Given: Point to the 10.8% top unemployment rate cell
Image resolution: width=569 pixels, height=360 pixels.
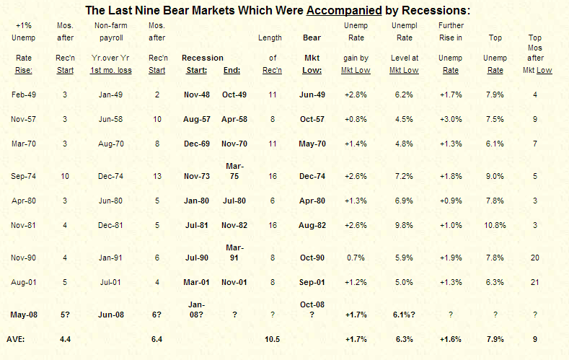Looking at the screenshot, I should pos(495,224).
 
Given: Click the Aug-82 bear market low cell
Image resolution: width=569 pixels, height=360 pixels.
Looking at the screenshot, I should pos(312,224).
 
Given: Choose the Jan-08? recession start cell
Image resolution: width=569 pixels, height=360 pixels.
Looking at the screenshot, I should pos(195,309).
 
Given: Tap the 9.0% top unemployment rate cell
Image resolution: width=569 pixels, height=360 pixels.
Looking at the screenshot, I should pos(495,175).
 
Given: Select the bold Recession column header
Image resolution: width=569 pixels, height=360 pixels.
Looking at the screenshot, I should pos(203,58).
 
